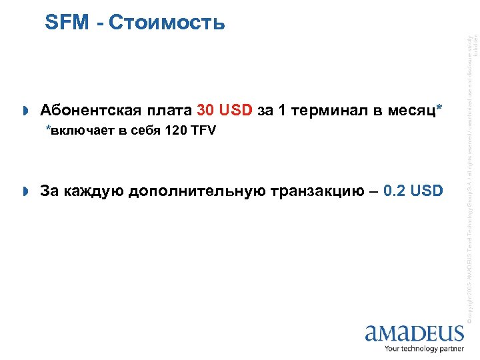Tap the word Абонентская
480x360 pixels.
pyautogui.click(x=86, y=110)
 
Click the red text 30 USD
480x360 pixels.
pyautogui.click(x=225, y=110)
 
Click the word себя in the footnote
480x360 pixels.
pyautogui.click(x=143, y=131)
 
